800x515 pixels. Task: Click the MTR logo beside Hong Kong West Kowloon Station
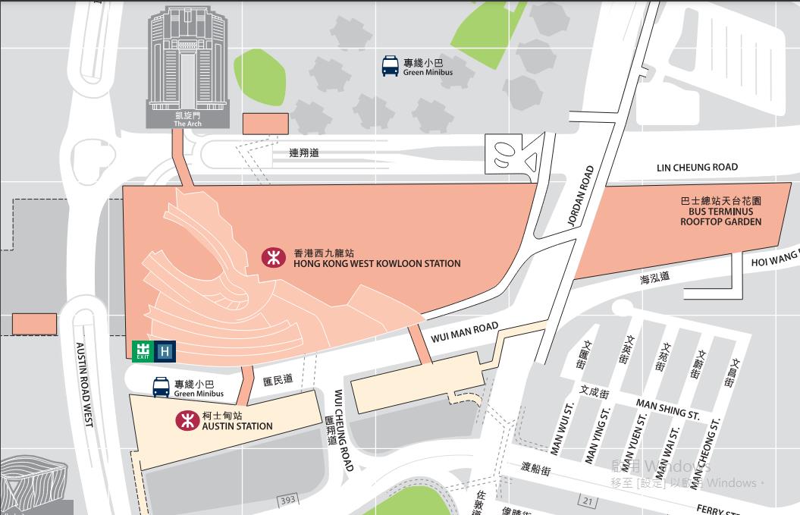click(x=272, y=258)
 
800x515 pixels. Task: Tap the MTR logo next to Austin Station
click(x=186, y=420)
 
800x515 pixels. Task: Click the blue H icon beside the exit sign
click(x=165, y=351)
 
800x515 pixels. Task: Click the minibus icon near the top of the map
click(x=391, y=66)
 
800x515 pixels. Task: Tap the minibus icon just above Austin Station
click(x=162, y=388)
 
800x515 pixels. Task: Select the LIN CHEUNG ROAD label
click(x=697, y=168)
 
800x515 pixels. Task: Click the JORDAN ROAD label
click(x=581, y=196)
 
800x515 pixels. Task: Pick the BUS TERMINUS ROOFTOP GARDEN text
click(x=720, y=212)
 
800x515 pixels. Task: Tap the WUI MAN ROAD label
click(x=465, y=331)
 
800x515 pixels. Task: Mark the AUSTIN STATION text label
click(x=237, y=426)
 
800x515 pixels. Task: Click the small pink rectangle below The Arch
click(x=265, y=124)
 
